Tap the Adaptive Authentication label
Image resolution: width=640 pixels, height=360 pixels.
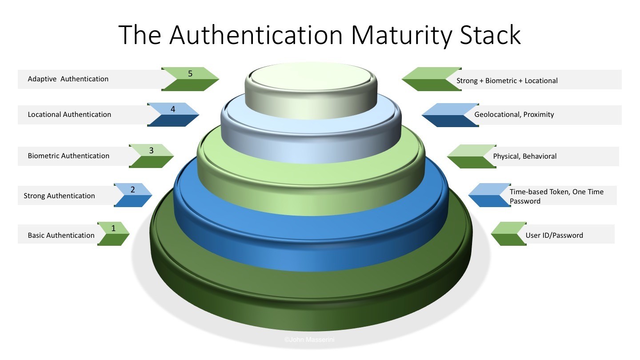pyautogui.click(x=68, y=79)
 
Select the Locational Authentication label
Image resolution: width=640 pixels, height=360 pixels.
pyautogui.click(x=69, y=115)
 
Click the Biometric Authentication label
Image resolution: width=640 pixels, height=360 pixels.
pyautogui.click(x=68, y=156)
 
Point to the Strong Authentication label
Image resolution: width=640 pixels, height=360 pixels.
pyautogui.click(x=59, y=196)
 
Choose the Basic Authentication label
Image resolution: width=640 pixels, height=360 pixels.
pyautogui.click(x=61, y=236)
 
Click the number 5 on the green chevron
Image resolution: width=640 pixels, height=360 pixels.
pyautogui.click(x=190, y=74)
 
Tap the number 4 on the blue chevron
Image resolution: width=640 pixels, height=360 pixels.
pyautogui.click(x=173, y=109)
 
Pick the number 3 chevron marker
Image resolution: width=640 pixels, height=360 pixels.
pyautogui.click(x=151, y=151)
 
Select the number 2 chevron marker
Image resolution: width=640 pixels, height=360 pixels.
pyautogui.click(x=132, y=190)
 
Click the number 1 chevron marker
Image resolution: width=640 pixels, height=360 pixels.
pyautogui.click(x=113, y=229)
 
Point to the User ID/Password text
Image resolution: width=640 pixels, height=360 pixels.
pyautogui.click(x=554, y=236)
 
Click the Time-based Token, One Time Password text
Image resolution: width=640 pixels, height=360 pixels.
pyautogui.click(x=556, y=196)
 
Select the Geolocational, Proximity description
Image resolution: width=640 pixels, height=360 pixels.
pyautogui.click(x=514, y=115)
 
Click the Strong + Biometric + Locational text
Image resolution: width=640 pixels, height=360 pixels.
pyautogui.click(x=507, y=81)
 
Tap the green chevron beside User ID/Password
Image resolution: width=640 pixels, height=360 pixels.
pyautogui.click(x=508, y=234)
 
